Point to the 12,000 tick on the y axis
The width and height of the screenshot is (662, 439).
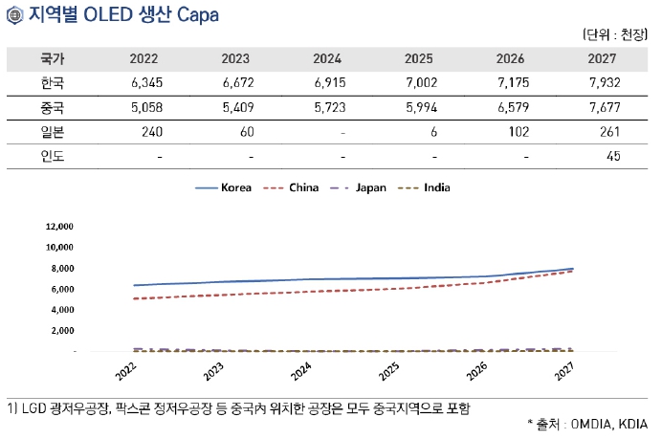point(59,227)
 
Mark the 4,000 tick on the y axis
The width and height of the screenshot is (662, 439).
point(62,310)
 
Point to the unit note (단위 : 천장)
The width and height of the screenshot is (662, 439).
point(615,35)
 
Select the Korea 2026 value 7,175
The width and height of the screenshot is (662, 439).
point(511,83)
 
